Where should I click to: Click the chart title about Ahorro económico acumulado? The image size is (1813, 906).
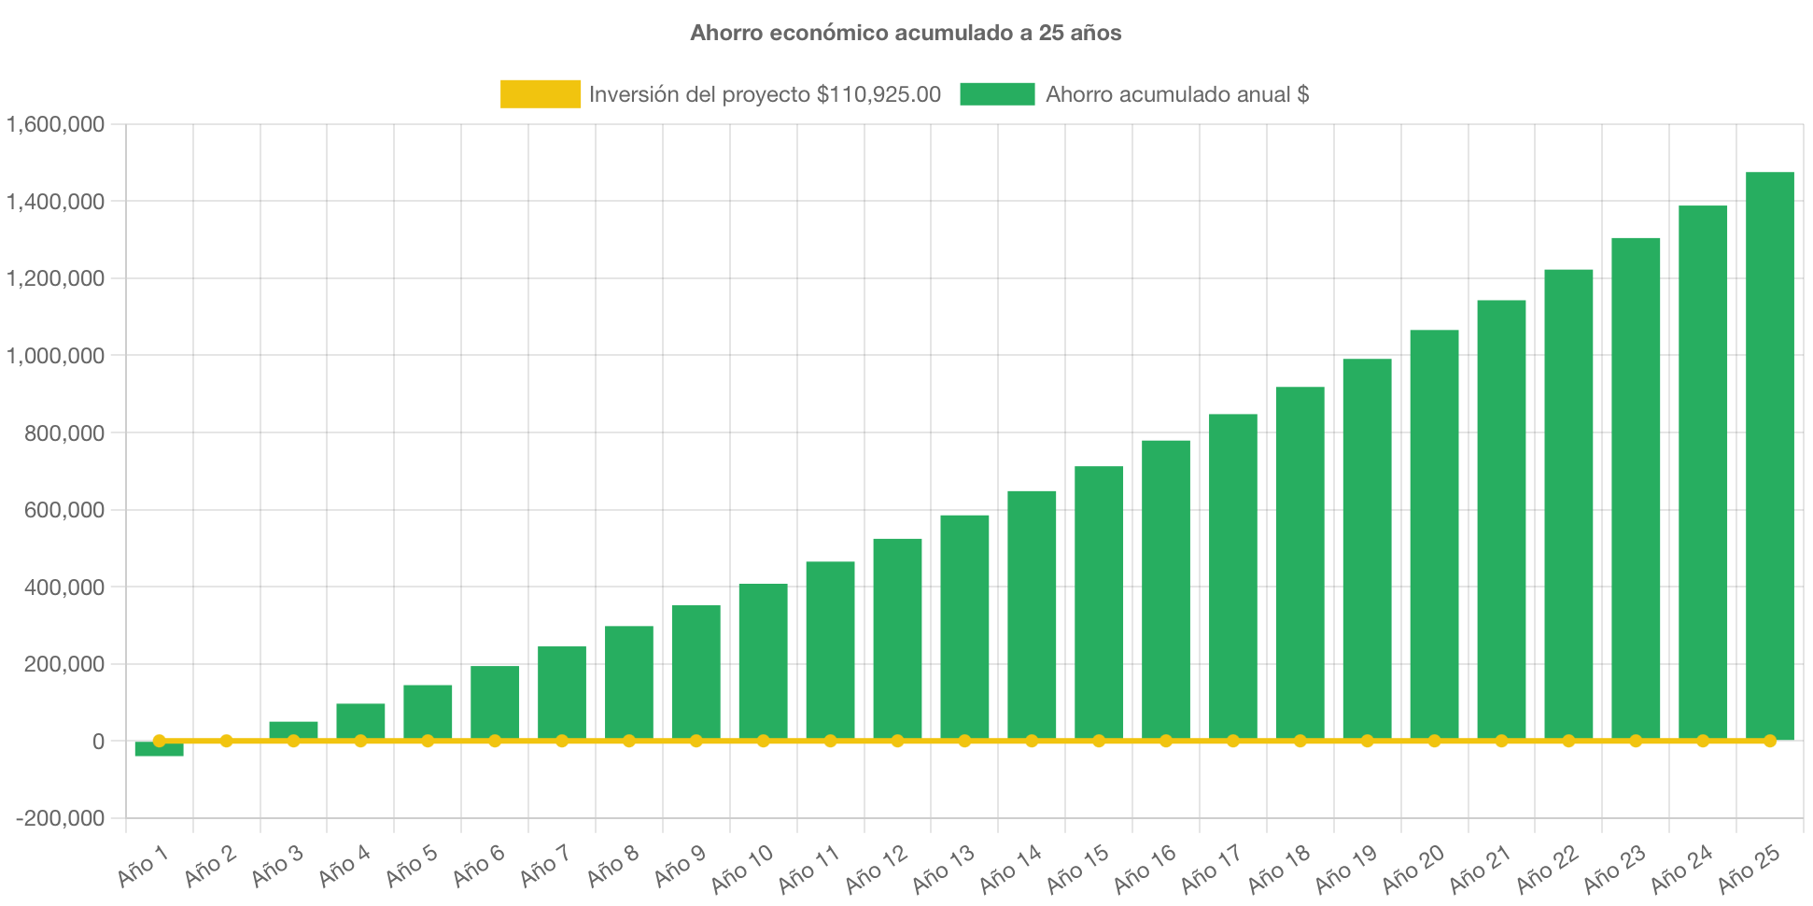click(906, 34)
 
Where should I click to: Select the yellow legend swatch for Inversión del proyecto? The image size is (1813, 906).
click(540, 94)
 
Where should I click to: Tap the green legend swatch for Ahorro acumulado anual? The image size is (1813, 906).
click(997, 94)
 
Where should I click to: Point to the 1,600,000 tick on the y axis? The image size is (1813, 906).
click(56, 124)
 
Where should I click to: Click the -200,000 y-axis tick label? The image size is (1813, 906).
click(60, 819)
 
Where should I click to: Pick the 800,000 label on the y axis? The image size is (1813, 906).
click(56, 433)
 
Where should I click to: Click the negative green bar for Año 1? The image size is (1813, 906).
click(159, 749)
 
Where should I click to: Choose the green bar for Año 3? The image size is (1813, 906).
click(293, 729)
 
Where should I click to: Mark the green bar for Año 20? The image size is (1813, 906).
click(1434, 534)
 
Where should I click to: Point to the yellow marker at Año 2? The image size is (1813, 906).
click(226, 741)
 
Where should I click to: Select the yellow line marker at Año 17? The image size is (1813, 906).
click(1233, 741)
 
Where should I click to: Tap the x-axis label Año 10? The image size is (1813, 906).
click(742, 870)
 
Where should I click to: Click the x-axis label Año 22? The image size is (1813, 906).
click(1547, 870)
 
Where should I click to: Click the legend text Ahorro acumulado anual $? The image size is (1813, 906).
click(1176, 94)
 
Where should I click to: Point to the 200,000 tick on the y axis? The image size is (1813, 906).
click(56, 665)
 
